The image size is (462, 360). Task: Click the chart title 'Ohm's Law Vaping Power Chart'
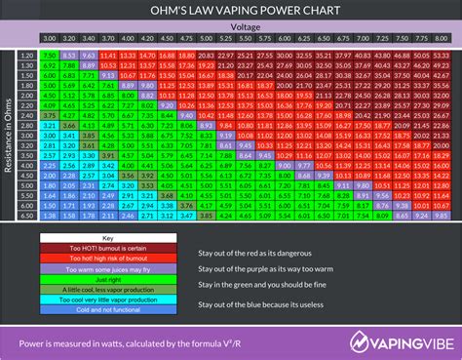coord(231,11)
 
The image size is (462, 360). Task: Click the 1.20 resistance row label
coord(27,57)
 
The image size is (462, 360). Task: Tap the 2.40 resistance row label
coord(27,115)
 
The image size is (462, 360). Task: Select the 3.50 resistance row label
coord(27,154)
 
